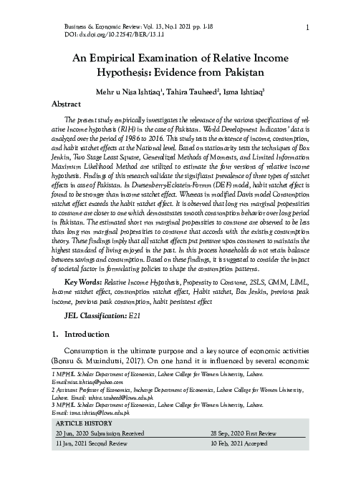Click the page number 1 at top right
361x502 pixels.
[x=307, y=28]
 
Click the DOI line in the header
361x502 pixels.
[x=103, y=34]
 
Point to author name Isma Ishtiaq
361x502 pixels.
[x=245, y=92]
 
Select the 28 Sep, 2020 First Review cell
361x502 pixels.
[x=244, y=434]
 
